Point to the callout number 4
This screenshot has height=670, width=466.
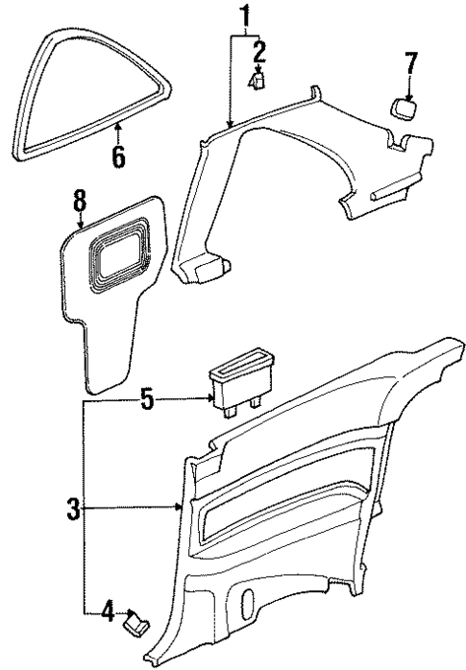pos(109,610)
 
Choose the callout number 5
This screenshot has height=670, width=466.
pos(146,398)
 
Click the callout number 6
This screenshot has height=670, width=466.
pos(118,155)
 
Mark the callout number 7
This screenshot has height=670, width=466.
pos(411,65)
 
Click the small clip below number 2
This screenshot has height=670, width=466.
pos(257,82)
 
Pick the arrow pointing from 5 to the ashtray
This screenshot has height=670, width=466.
pos(187,398)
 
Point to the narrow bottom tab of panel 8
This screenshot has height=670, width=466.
pos(107,365)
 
